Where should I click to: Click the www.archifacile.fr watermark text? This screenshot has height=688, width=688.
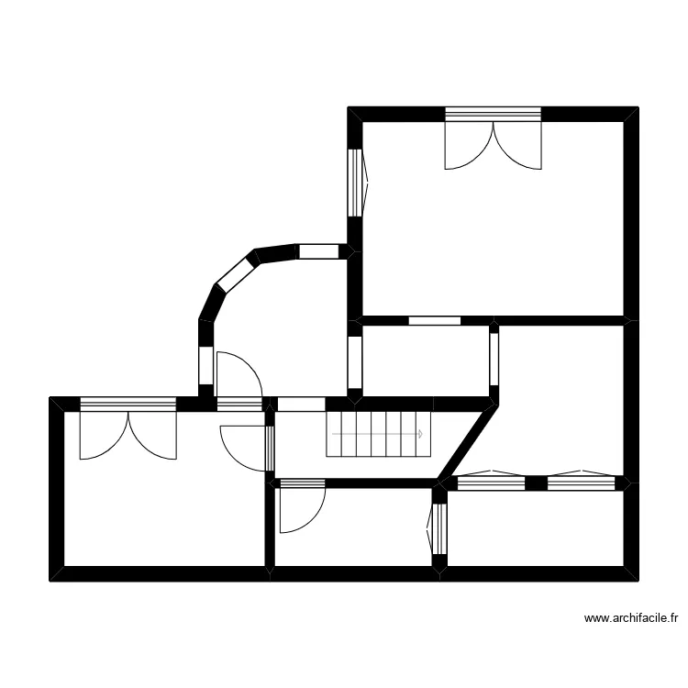(x=630, y=618)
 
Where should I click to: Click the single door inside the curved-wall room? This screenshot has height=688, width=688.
(x=239, y=374)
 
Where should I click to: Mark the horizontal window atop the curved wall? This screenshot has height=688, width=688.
(x=319, y=251)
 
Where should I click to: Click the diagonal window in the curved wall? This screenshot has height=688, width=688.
(x=236, y=276)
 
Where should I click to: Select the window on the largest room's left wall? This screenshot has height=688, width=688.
(x=354, y=182)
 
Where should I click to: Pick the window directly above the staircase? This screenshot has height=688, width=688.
(x=301, y=404)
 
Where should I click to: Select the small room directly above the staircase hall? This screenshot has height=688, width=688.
(x=425, y=360)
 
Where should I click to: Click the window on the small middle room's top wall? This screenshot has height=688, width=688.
(x=434, y=321)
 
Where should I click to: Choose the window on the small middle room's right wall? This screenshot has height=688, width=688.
(x=494, y=359)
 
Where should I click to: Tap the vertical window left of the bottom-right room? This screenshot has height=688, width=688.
(x=438, y=529)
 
